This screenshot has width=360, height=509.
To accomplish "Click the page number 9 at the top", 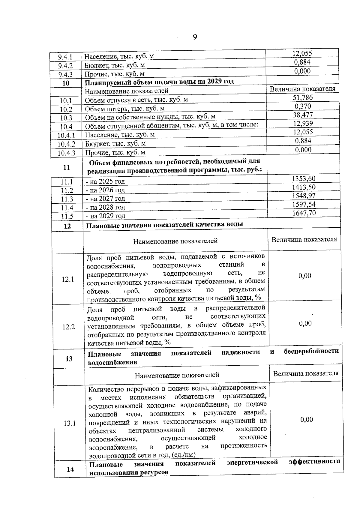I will pyautogui.click(x=195, y=37).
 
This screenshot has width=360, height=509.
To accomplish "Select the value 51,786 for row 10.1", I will pyautogui.click(x=303, y=97).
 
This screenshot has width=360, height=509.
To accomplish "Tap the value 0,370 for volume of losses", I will pyautogui.click(x=303, y=106).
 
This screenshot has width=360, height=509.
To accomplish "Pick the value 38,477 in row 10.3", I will pyautogui.click(x=303, y=115).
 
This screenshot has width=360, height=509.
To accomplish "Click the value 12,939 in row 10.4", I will pyautogui.click(x=303, y=124).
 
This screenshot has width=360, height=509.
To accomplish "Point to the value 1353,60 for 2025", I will pyautogui.click(x=304, y=179).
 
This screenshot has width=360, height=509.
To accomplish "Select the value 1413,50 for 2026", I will pyautogui.click(x=304, y=187).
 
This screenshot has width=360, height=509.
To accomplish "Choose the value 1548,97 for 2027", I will pyautogui.click(x=304, y=196).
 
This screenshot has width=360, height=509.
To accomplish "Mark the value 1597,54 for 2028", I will pyautogui.click(x=304, y=205).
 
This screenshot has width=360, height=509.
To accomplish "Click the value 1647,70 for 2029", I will pyautogui.click(x=304, y=213).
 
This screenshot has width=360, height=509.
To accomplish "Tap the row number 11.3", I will pyautogui.click(x=67, y=199).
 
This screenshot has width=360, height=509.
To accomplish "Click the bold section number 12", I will pyautogui.click(x=67, y=226).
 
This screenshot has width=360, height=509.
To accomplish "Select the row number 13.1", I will pyautogui.click(x=70, y=423).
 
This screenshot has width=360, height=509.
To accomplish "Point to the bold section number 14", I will pyautogui.click(x=70, y=469).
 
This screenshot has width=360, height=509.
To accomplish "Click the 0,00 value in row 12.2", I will pyautogui.click(x=305, y=323).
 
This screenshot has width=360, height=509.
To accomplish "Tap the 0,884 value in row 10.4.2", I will pyautogui.click(x=303, y=141).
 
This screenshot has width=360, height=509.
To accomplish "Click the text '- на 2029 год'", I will pyautogui.click(x=105, y=216).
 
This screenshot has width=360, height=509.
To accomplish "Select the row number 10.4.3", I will pyautogui.click(x=66, y=153).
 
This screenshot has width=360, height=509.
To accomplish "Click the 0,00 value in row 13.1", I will pyautogui.click(x=306, y=419).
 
